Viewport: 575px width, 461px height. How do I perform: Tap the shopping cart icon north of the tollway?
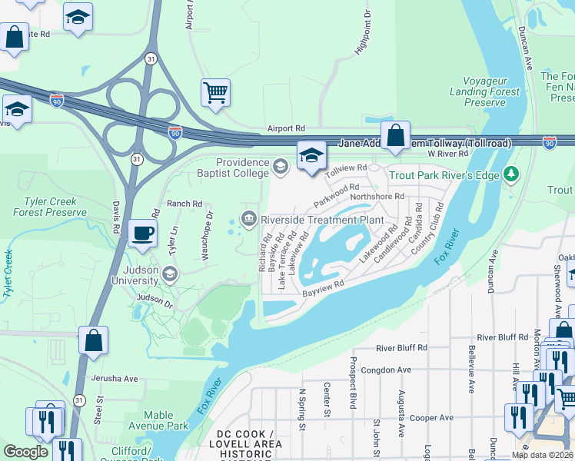[x=216, y=93]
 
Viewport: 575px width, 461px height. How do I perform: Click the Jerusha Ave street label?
[x=114, y=378]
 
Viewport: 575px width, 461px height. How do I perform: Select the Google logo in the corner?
[x=25, y=452]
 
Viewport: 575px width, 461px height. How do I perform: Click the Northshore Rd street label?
[x=377, y=197]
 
